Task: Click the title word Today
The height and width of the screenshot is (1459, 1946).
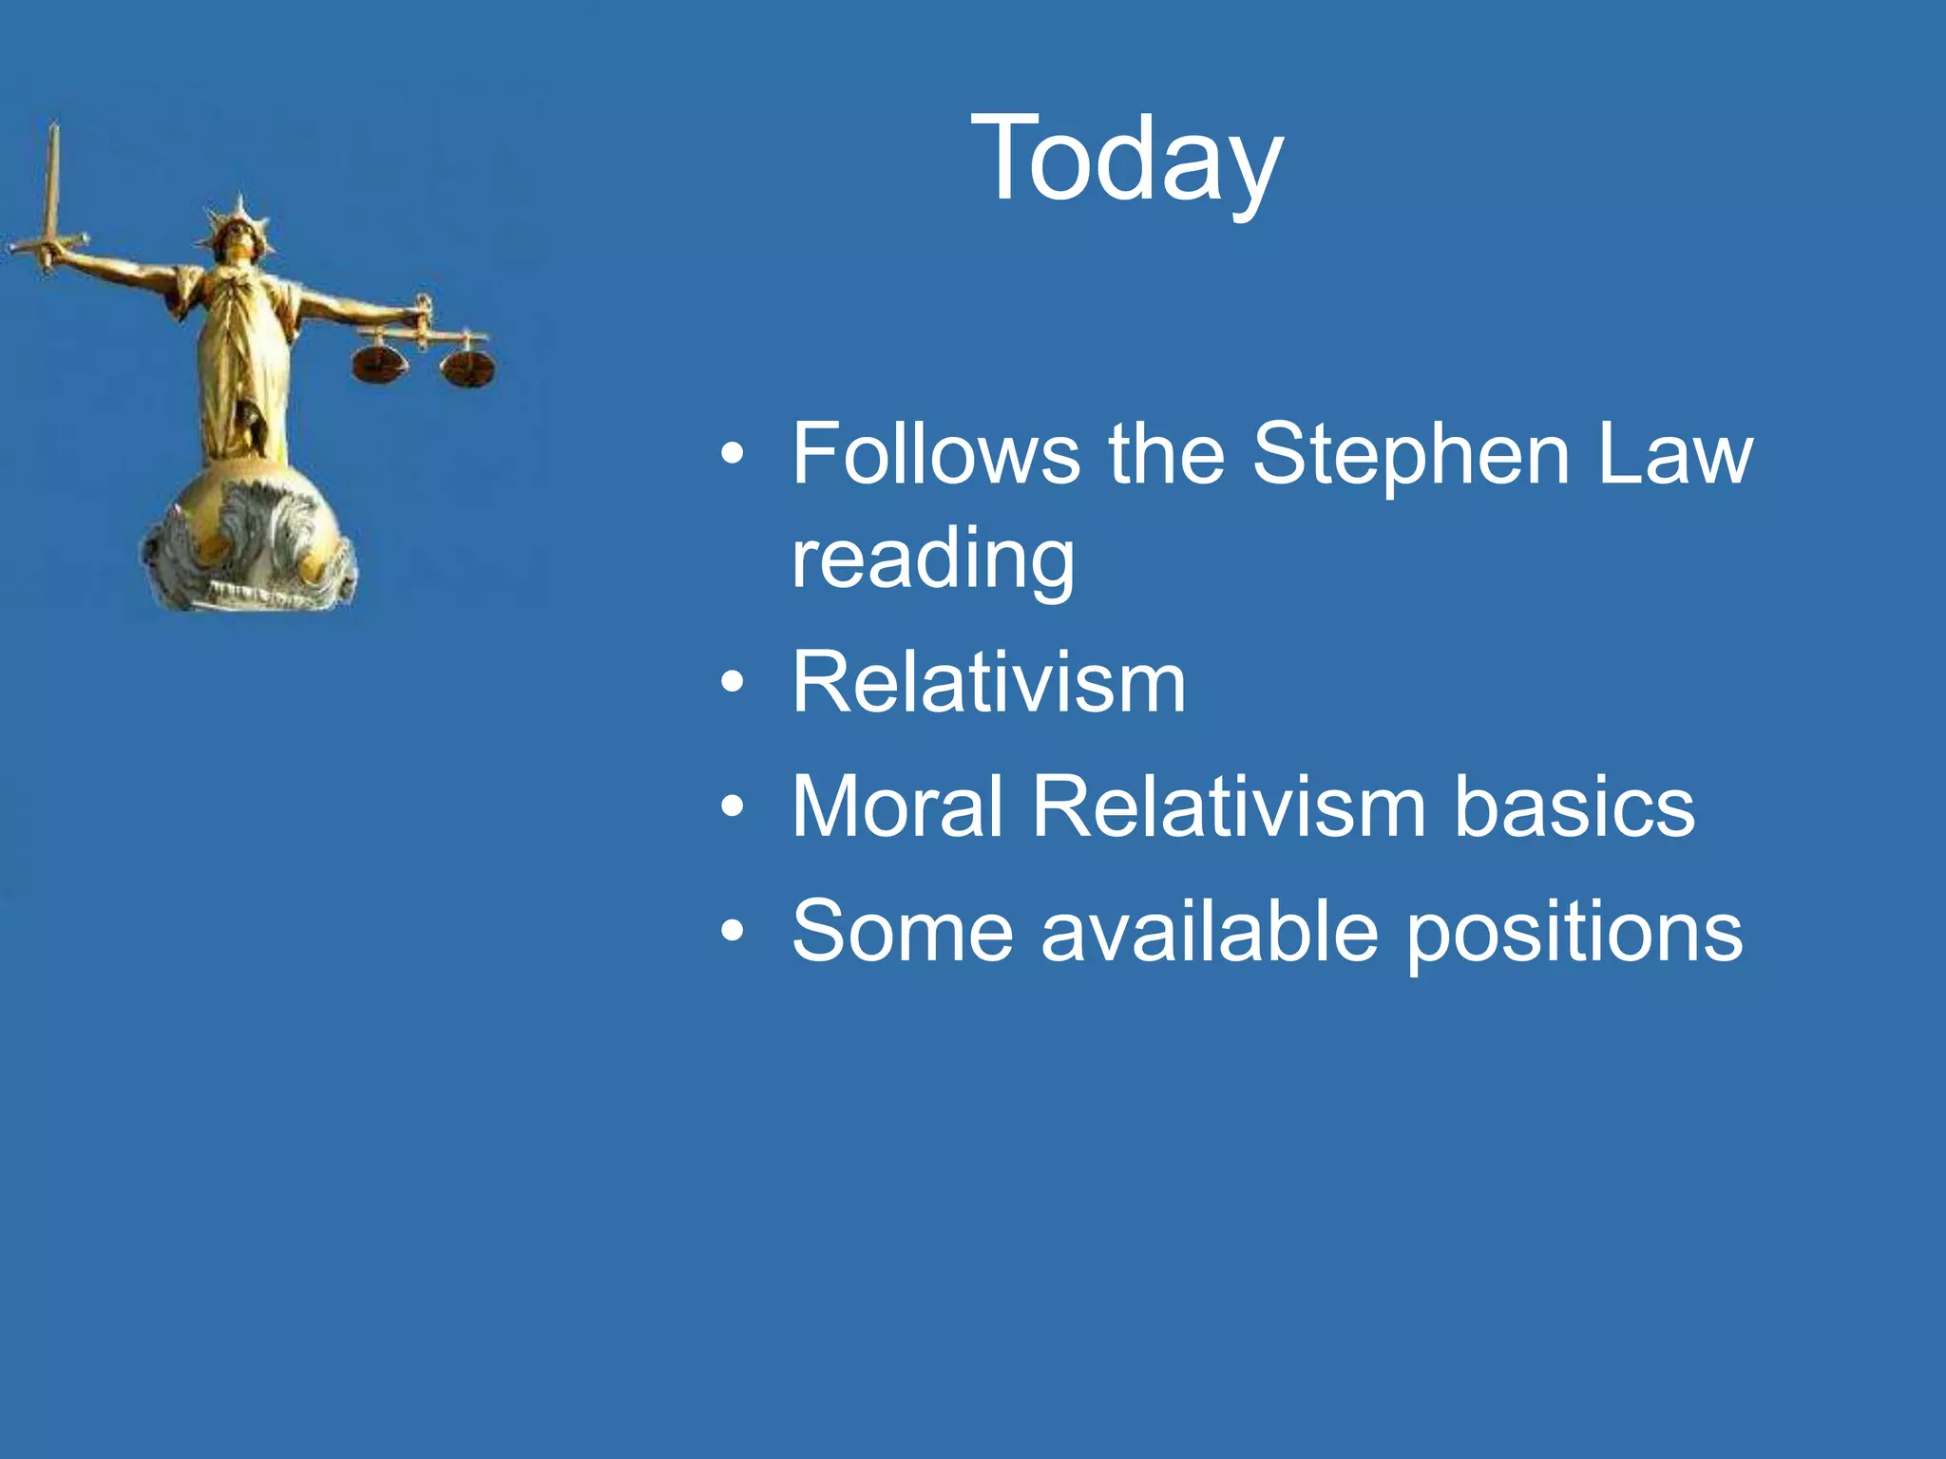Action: pos(1126,160)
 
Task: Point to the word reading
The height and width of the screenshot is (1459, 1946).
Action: pos(933,560)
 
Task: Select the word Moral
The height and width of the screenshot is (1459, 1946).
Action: pos(897,806)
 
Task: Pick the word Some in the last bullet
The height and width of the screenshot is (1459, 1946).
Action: pos(902,932)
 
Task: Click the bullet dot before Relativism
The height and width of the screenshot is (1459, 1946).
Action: pos(732,684)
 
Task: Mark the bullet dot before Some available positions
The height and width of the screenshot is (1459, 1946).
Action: pos(732,933)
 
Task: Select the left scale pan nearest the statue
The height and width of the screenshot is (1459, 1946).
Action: pos(379,364)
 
